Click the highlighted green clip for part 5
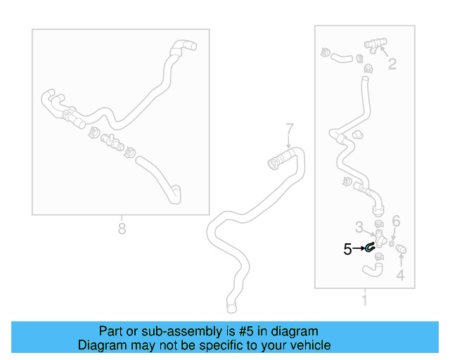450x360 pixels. coord(368,247)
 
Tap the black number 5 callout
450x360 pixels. coord(347,248)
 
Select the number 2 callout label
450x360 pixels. coord(392,64)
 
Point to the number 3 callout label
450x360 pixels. coord(359,226)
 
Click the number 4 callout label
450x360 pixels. coord(400,275)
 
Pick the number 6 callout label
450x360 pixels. coord(396,221)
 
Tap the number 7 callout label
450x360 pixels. coord(288,129)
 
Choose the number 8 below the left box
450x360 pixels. coord(122,229)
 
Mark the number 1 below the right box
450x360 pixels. coord(364,302)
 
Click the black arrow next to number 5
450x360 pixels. coord(359,248)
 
